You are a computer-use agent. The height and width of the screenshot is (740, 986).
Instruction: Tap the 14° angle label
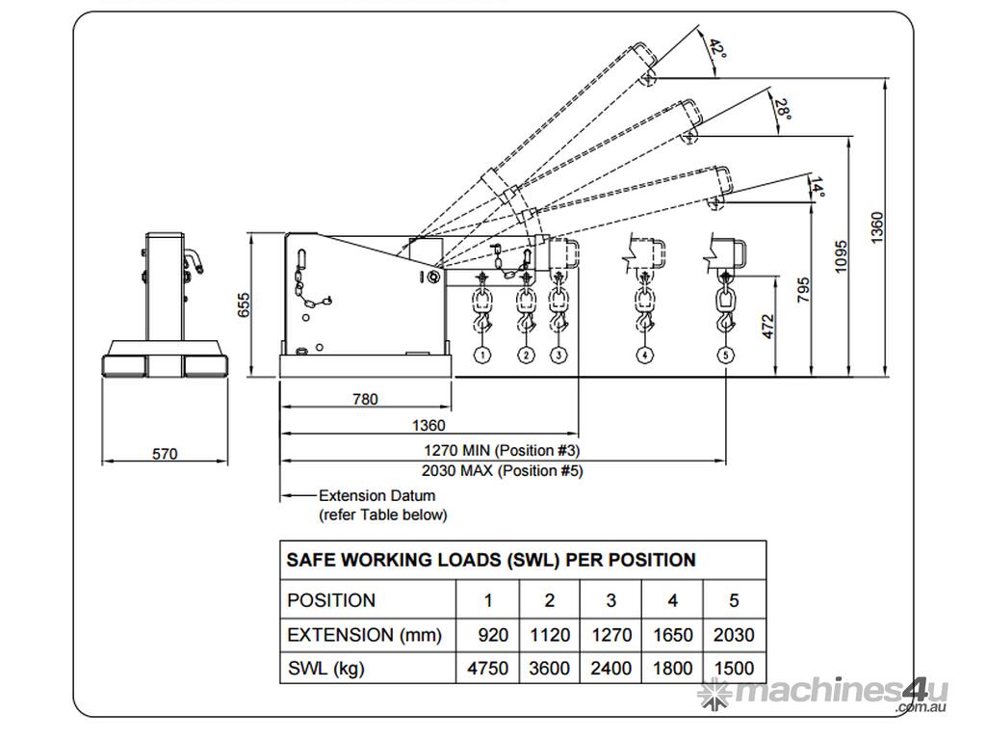[817, 188]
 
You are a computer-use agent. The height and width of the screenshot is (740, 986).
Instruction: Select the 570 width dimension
[165, 454]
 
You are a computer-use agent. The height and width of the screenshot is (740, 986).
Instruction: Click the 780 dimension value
[365, 399]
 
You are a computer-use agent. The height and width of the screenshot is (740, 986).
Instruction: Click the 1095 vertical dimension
[841, 256]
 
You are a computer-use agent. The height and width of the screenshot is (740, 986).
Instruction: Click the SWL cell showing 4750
[488, 669]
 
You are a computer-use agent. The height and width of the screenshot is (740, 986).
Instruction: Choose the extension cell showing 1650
[673, 635]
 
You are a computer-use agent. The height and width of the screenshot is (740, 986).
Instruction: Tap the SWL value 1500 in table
[735, 669]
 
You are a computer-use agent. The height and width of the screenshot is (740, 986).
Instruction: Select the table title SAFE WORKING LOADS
[491, 560]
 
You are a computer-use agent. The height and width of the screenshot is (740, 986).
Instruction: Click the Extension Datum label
[376, 495]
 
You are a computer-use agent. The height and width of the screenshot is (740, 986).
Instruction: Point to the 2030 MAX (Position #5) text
[502, 470]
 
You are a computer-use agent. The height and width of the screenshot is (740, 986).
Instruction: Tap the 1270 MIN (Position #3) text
[502, 450]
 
